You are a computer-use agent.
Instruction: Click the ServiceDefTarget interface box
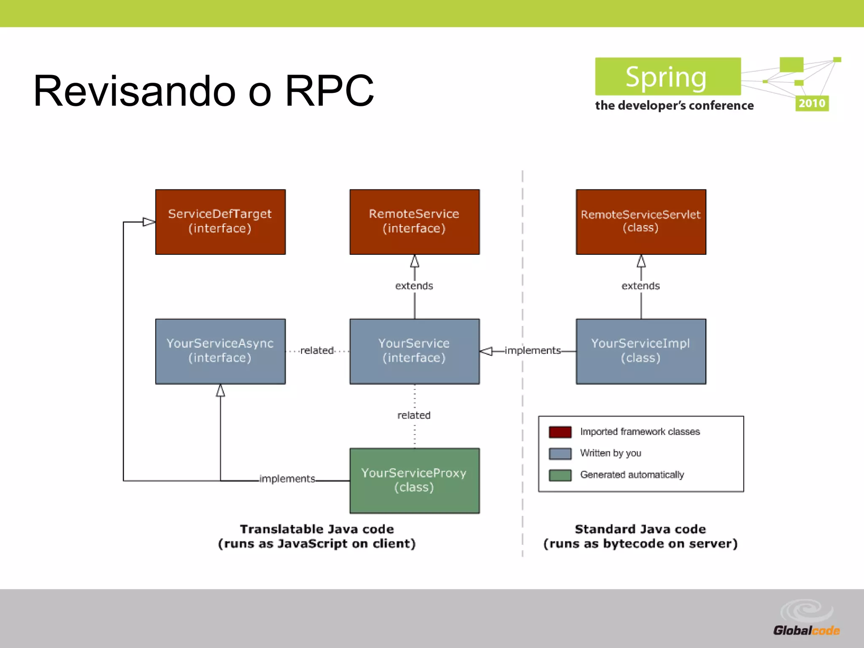[220, 221]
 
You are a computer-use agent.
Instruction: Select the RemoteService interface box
[414, 221]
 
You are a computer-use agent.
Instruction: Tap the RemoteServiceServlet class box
[640, 221]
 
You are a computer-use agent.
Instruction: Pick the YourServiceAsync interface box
[220, 351]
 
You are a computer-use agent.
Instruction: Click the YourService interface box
[414, 351]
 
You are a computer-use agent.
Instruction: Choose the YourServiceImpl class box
[640, 351]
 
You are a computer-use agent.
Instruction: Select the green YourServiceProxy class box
[414, 480]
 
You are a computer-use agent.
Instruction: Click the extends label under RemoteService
[414, 286]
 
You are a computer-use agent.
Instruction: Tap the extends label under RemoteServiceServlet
[640, 286]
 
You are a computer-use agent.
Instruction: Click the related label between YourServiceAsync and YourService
[317, 351]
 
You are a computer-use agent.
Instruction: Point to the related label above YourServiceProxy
[414, 415]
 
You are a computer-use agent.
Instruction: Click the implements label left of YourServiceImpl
[532, 351]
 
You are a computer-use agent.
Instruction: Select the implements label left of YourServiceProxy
[287, 478]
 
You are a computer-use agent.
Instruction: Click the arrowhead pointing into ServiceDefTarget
[149, 222]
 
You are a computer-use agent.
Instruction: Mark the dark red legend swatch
[560, 432]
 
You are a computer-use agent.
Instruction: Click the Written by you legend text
[610, 453]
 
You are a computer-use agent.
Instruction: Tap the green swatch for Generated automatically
[560, 475]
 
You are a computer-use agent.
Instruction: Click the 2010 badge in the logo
[811, 103]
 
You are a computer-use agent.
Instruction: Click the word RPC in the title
[329, 91]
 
